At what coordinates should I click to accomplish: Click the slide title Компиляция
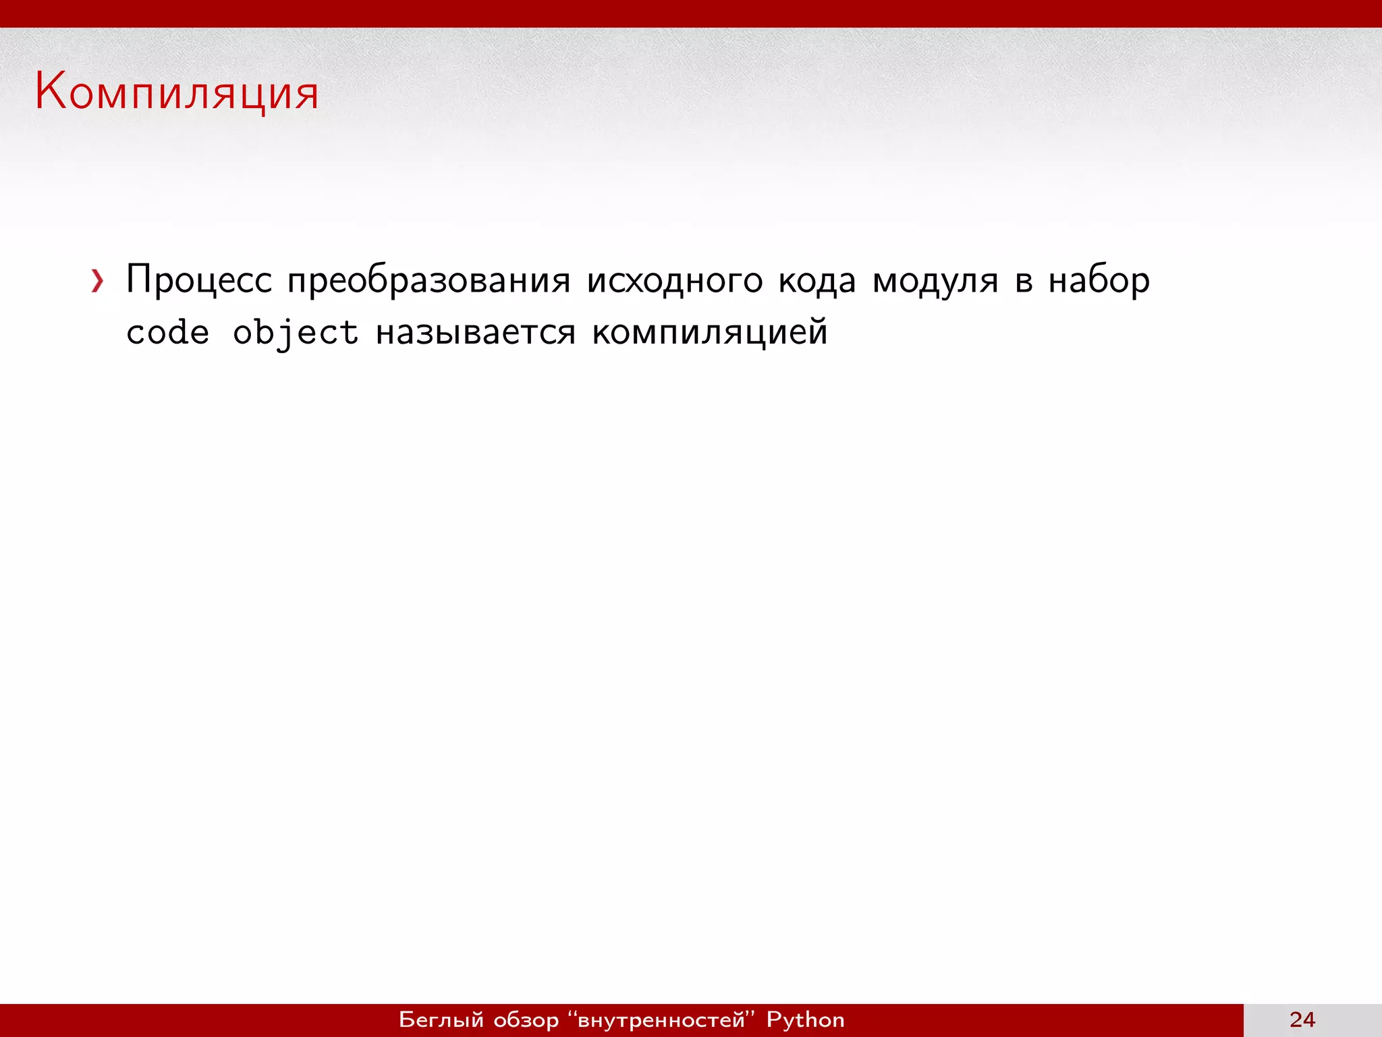click(177, 92)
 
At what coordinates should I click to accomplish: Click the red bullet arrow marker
click(98, 281)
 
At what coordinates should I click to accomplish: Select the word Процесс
click(199, 280)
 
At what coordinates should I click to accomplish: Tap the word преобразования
click(429, 280)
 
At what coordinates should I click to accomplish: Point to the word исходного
click(674, 280)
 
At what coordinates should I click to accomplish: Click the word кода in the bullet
click(817, 280)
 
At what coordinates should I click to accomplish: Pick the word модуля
click(935, 280)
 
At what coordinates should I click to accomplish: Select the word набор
click(1099, 280)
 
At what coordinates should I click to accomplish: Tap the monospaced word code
click(167, 332)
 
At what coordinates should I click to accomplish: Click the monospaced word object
click(295, 332)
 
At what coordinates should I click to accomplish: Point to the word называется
click(476, 332)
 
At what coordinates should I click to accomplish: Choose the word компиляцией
click(709, 332)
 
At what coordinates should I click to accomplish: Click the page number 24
click(1302, 1019)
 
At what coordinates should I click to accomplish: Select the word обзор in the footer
click(526, 1019)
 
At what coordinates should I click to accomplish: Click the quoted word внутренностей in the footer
click(661, 1019)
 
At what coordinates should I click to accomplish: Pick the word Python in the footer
click(805, 1019)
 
